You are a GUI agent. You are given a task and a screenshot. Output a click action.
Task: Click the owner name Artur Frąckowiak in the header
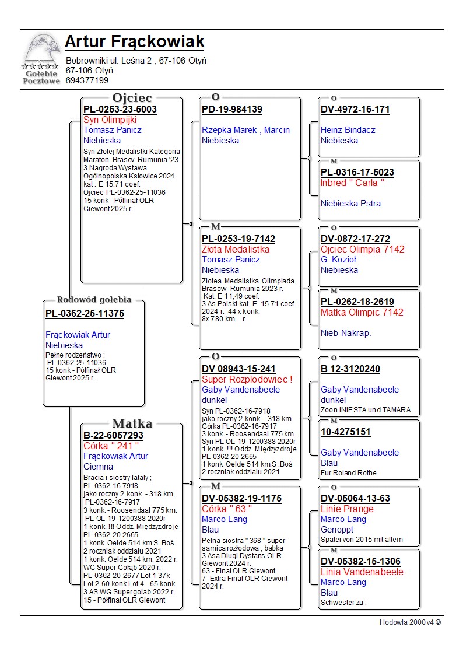[134, 42]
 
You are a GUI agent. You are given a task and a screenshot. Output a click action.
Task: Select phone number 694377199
[87, 80]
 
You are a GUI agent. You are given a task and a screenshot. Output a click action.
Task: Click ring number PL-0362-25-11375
[85, 314]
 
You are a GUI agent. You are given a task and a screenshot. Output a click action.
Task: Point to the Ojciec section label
[132, 98]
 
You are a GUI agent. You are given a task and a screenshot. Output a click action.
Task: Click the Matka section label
[132, 424]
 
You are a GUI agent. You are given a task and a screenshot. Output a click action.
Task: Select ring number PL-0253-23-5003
[120, 109]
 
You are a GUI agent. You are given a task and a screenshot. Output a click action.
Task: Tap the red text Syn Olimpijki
[110, 120]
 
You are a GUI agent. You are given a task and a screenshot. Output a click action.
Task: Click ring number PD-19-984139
[232, 109]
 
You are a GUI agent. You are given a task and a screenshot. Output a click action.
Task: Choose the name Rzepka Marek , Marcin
[245, 130]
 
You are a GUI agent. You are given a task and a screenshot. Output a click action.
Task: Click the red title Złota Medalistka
[236, 249]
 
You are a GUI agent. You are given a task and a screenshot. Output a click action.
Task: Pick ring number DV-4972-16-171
[355, 109]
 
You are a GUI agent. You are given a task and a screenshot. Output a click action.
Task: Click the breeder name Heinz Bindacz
[348, 130]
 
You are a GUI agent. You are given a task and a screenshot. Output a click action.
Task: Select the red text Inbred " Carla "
[352, 183]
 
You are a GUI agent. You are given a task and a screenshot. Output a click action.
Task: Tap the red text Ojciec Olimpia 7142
[362, 249]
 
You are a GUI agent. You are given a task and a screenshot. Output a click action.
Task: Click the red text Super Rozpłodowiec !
[247, 379]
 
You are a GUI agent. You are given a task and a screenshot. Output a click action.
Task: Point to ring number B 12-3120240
[350, 369]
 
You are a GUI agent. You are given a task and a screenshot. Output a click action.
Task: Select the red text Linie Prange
[347, 509]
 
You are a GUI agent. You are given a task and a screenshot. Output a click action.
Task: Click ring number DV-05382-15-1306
[360, 561]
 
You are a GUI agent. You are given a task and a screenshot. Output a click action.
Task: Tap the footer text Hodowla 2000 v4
[410, 622]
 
